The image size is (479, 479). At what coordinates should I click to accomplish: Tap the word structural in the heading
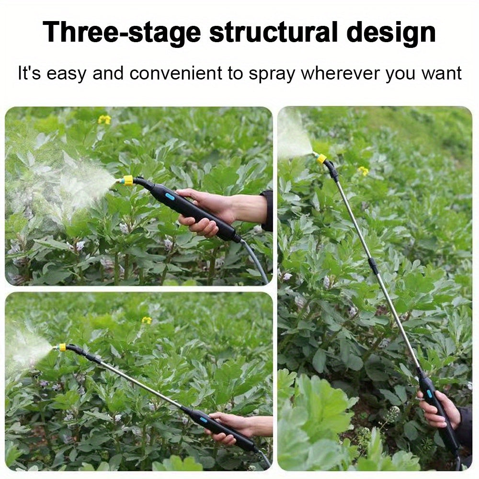(273, 32)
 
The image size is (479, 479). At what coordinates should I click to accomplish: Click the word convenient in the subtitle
(176, 73)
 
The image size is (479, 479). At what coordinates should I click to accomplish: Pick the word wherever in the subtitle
(341, 73)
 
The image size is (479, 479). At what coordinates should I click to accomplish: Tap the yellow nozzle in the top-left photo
(127, 181)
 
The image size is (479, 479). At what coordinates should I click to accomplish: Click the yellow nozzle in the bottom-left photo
(62, 347)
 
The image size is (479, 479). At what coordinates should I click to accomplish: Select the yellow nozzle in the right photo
(321, 159)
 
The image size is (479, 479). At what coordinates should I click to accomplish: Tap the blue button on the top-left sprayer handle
(171, 197)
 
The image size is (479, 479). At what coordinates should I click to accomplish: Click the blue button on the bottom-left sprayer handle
(203, 420)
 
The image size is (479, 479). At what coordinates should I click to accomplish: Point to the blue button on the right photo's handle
(429, 394)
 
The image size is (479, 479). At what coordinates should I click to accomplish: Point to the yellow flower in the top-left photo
(104, 119)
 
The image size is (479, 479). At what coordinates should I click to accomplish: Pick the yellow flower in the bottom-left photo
(147, 320)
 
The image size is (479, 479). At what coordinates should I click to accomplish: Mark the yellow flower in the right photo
(363, 171)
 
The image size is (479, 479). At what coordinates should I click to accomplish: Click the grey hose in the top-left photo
(256, 260)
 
